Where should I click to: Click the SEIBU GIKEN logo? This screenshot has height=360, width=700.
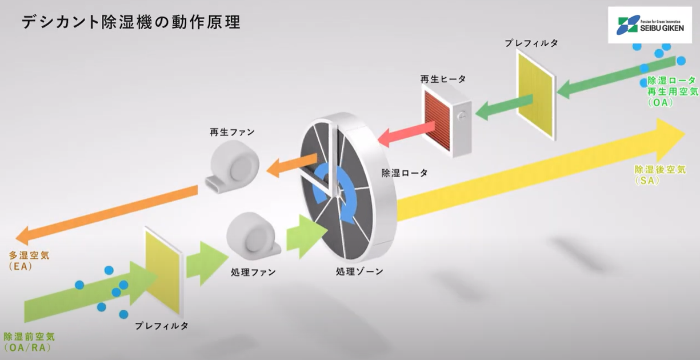649,25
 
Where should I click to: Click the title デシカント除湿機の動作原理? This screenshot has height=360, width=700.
131,22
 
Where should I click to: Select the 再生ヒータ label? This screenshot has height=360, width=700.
443,79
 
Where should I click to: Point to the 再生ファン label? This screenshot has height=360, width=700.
231,132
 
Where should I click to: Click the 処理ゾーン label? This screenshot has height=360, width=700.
359,272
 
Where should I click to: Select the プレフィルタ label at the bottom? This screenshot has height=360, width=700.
161,326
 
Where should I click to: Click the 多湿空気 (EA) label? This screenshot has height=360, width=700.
29,260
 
